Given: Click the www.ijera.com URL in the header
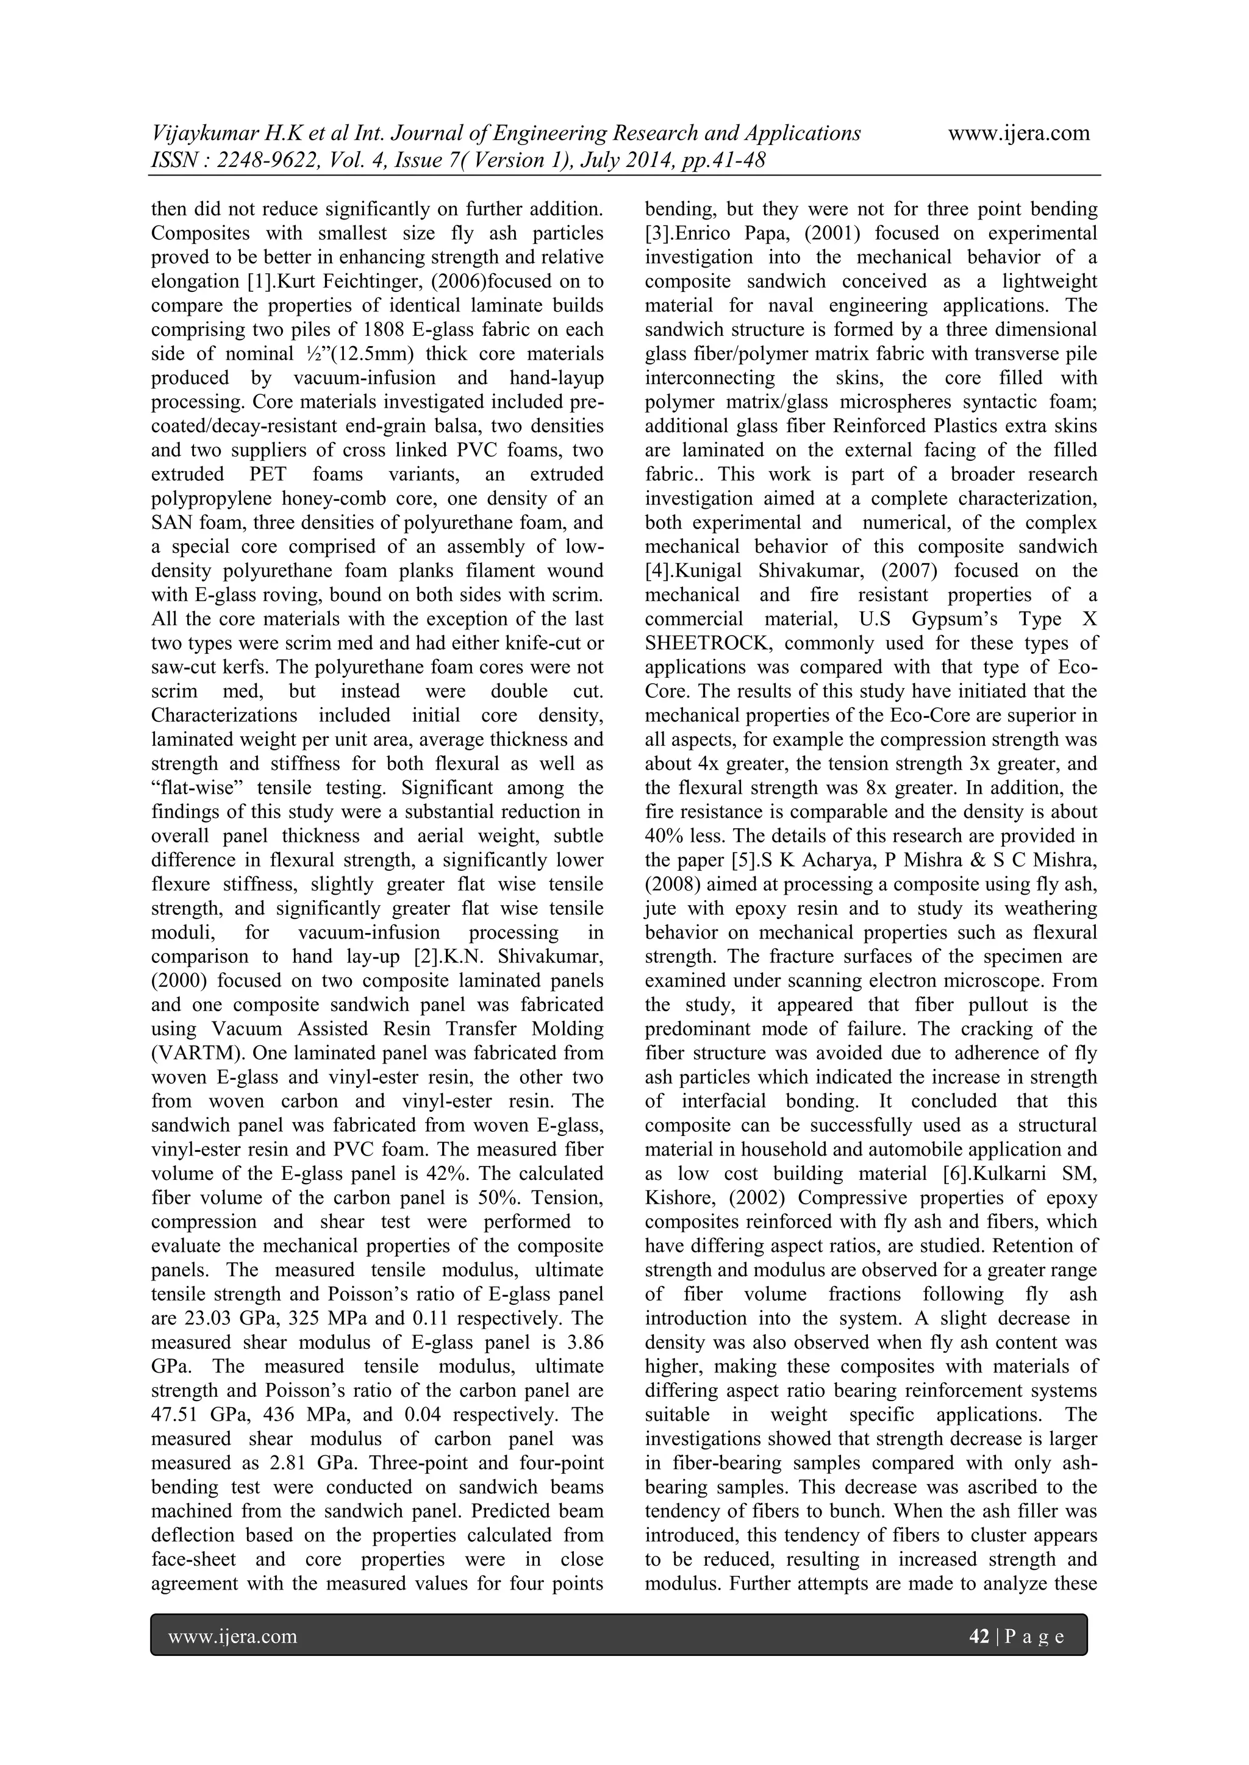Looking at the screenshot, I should [x=1018, y=133].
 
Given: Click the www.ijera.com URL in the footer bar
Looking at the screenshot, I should [x=232, y=1636].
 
